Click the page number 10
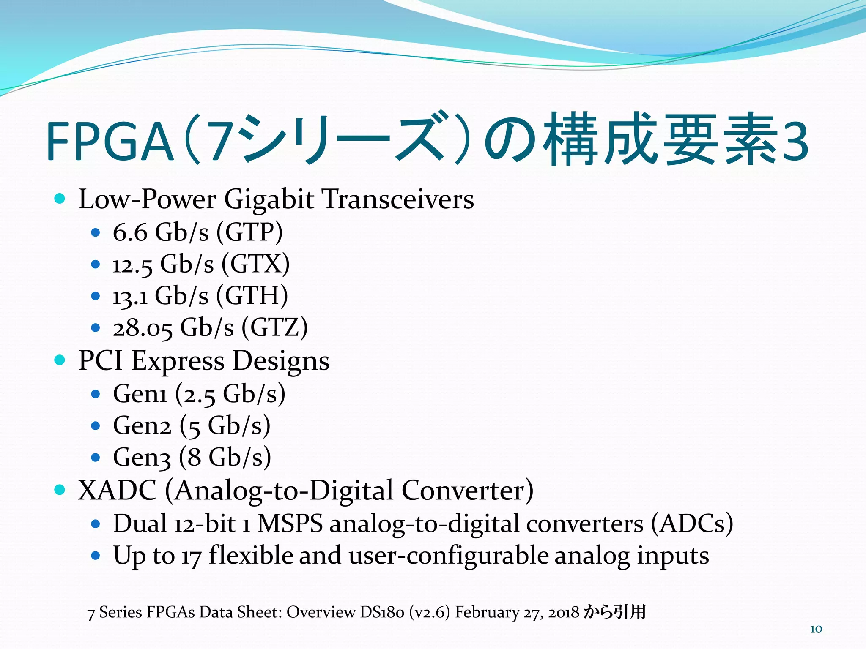tap(816, 629)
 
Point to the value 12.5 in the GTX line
tap(132, 265)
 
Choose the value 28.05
tap(143, 328)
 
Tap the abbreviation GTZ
tap(274, 327)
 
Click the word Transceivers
tap(398, 199)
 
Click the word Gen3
tap(142, 457)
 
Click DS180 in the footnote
tap(382, 612)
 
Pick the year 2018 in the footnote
tap(564, 612)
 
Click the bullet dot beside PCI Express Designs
tap(60, 360)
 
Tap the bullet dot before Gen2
tap(96, 426)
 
